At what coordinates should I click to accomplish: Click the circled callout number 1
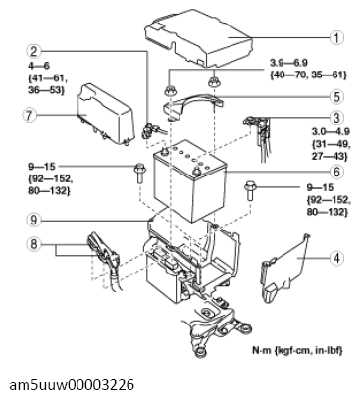pos(336,40)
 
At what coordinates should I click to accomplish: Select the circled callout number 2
pos(34,51)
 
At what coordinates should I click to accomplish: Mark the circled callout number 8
pos(34,244)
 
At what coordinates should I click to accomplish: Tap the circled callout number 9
pos(34,221)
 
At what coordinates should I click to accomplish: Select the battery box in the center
pos(194,181)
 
